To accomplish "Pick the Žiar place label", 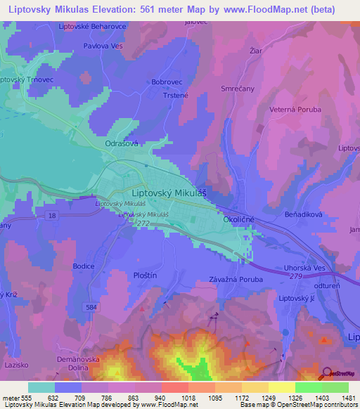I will tap(256, 51).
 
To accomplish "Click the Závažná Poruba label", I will tap(236, 279).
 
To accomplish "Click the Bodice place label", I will tap(84, 266).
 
